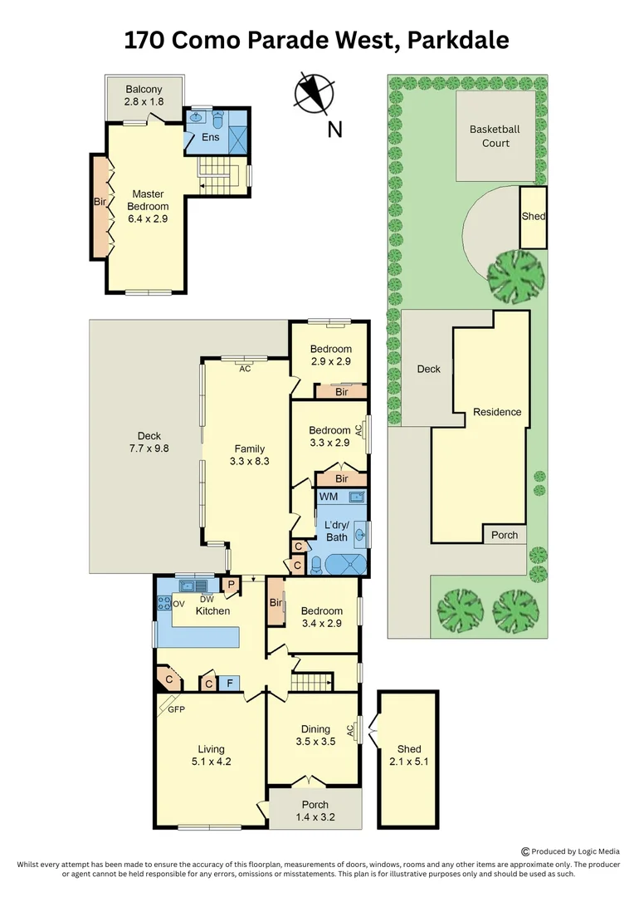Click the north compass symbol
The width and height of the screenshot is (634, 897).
[314, 91]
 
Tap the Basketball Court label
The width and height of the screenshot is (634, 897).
[495, 136]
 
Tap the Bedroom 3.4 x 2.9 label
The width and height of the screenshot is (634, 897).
[322, 617]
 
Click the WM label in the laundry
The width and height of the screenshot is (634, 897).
[329, 497]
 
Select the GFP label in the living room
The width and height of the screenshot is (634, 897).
[176, 709]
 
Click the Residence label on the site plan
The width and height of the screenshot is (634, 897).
[497, 412]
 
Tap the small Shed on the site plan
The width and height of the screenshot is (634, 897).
[534, 217]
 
